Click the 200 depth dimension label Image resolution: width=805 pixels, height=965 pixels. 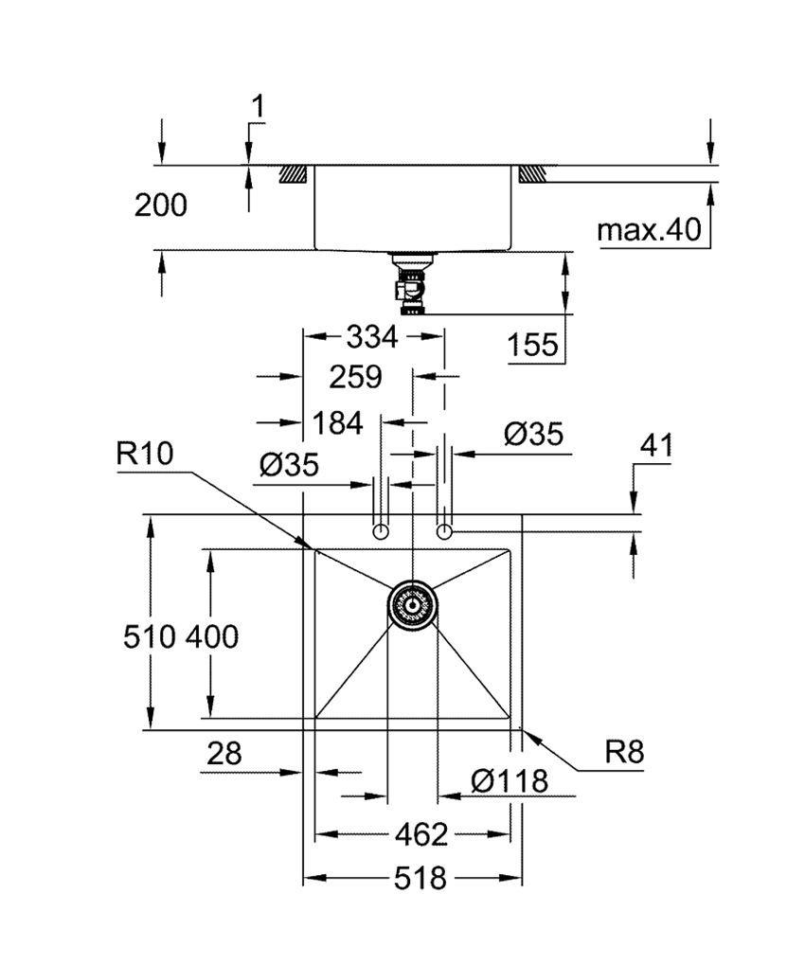tap(160, 205)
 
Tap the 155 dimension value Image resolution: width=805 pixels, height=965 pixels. tap(531, 346)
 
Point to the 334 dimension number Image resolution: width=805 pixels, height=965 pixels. tap(372, 335)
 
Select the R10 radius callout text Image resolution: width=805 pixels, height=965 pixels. tap(147, 455)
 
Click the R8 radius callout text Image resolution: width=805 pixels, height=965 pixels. tap(624, 753)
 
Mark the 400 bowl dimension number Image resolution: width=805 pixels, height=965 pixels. tap(211, 636)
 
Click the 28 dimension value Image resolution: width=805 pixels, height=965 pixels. tap(224, 754)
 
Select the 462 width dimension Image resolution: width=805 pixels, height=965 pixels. tap(420, 834)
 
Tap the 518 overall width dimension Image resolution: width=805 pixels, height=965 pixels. tap(420, 879)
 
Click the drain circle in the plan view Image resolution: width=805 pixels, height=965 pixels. tap(412, 603)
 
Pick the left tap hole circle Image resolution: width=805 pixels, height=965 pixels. tap(381, 531)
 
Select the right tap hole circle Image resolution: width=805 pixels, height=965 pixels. tap(443, 531)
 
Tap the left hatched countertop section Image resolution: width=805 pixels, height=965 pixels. tap(293, 174)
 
